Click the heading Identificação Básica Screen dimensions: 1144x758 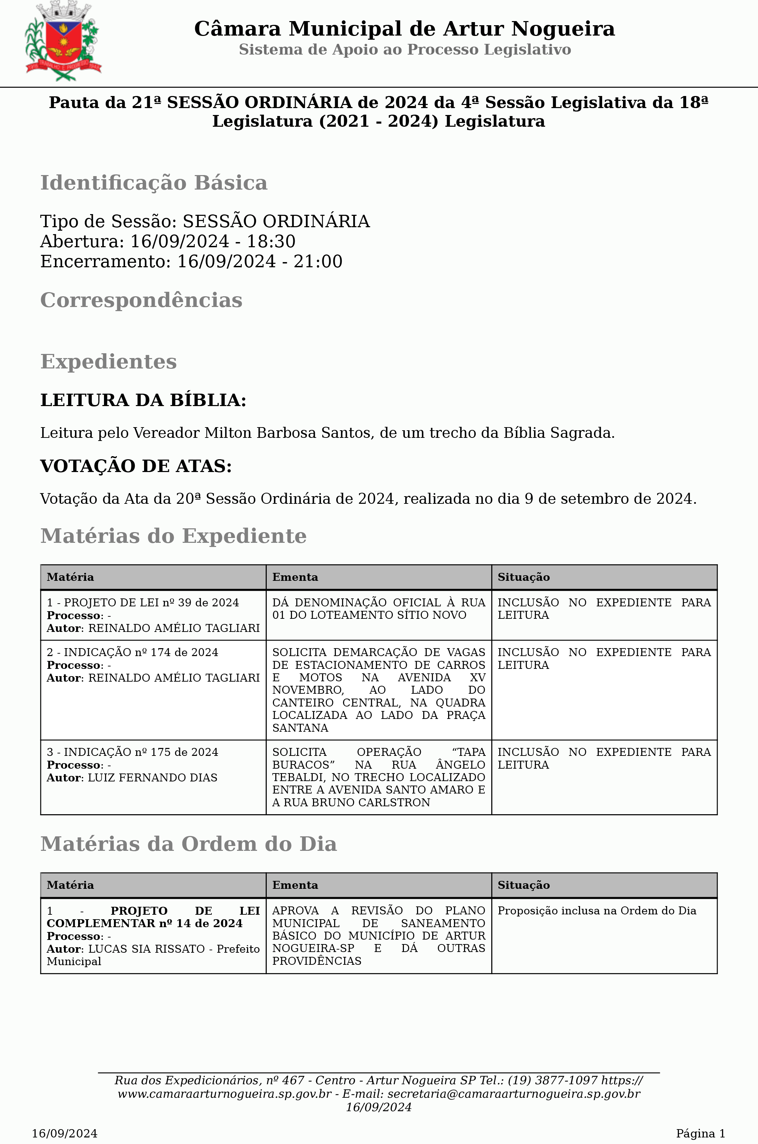(x=154, y=183)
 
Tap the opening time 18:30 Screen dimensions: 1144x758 (x=271, y=241)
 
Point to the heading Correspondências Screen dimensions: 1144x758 (x=141, y=300)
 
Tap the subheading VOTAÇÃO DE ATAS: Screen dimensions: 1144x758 (x=136, y=466)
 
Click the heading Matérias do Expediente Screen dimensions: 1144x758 (x=173, y=536)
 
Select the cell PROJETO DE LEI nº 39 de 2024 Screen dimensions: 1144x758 (x=151, y=603)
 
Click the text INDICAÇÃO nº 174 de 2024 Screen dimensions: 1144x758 (x=141, y=652)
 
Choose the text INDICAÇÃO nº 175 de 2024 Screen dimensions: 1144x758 (x=141, y=752)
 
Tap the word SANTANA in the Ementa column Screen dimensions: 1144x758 (x=300, y=728)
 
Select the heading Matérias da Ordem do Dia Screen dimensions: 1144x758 (x=189, y=844)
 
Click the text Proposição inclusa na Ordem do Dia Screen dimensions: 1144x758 (x=597, y=911)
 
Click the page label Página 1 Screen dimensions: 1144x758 (x=700, y=1133)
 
